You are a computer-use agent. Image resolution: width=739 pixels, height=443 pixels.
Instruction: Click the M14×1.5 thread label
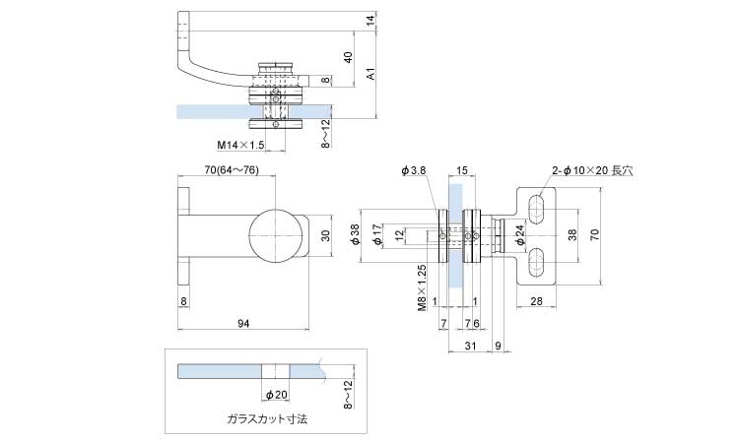241,145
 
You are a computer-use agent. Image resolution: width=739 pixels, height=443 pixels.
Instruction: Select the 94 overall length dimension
243,322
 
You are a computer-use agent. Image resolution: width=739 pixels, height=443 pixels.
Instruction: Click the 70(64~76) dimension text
232,170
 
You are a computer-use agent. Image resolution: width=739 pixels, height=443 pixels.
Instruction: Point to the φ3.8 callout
414,170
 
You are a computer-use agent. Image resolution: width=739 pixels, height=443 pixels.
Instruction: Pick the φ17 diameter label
378,235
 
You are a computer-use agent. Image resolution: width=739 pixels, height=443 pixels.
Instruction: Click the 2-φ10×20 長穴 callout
592,170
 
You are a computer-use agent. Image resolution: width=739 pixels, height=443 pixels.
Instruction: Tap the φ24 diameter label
518,232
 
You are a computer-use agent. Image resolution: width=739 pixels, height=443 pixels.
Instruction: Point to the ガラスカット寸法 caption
267,418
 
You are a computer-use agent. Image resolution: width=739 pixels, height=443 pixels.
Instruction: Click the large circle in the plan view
275,235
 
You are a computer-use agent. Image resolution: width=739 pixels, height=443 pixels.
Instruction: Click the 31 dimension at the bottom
470,345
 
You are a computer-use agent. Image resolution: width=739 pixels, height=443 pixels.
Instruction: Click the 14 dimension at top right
369,20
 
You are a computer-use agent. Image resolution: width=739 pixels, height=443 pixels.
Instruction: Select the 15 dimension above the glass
462,170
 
